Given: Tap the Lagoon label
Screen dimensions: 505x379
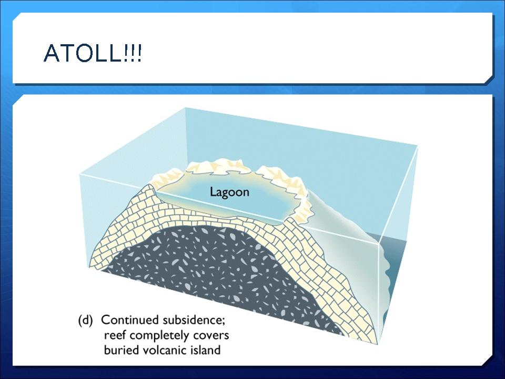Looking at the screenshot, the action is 230,192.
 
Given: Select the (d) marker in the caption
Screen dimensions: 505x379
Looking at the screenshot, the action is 85,321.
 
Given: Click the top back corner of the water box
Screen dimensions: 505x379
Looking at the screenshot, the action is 185,107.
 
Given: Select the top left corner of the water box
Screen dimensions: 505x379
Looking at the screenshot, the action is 79,174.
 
